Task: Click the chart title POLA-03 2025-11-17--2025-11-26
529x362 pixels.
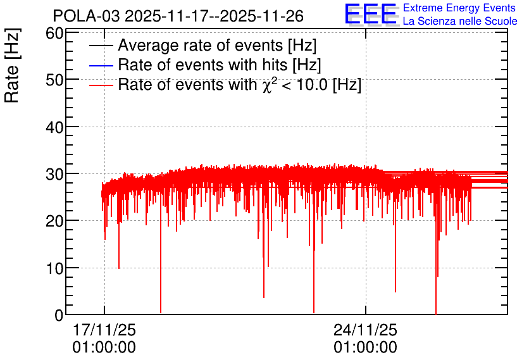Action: tap(178, 16)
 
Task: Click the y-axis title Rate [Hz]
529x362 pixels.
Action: tap(12, 65)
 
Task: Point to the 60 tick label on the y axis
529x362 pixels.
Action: tap(54, 34)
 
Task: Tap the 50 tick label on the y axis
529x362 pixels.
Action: tap(54, 80)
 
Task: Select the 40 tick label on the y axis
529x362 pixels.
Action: tap(54, 127)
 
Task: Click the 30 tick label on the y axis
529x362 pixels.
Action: tap(54, 174)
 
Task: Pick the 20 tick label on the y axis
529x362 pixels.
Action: tap(54, 222)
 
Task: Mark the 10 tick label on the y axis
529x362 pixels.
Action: tap(54, 268)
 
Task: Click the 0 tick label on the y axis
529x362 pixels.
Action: tap(59, 315)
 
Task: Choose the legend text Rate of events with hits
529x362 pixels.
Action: tap(220, 65)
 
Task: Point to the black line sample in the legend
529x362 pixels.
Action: tap(101, 46)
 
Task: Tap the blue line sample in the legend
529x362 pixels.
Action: tap(101, 65)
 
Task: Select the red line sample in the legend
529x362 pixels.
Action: tap(101, 85)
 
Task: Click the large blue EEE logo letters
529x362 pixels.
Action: tap(370, 14)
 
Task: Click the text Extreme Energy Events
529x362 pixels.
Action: tap(459, 8)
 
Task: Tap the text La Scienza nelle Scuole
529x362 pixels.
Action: tap(460, 22)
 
